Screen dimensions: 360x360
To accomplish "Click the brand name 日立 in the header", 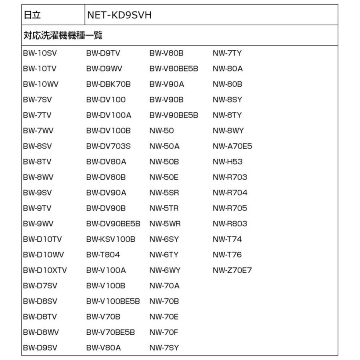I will pos(32,15).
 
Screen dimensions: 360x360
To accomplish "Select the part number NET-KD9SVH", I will pos(119,15).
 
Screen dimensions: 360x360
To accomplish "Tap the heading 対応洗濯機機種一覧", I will pos(63,35).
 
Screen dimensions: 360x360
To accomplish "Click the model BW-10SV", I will pos(40,53).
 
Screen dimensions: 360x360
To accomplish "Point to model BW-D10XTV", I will pos(45,270).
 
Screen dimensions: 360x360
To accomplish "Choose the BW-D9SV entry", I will pos(40,348).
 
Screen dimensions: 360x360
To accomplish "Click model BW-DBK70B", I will pos(108,84).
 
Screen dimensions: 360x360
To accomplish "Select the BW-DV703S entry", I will pos(108,146).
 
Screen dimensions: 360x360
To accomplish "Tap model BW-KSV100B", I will pos(111,239).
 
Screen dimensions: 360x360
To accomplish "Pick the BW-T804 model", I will pos(103,255).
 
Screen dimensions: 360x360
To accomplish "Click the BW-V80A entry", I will pos(103,348).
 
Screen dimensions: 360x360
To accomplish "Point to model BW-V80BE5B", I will pos(174,69).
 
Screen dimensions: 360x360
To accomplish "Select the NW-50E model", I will pos(164,177).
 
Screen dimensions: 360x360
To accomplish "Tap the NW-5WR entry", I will pos(165,224).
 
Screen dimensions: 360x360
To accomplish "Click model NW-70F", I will pos(164,332).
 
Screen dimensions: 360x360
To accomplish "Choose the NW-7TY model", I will pos(227,53).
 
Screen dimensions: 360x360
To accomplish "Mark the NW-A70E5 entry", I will pos(232,146).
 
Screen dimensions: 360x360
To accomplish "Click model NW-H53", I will pos(228,162).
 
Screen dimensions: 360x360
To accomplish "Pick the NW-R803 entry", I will pos(230,224).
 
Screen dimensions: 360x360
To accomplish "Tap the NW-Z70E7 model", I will pos(232,270).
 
